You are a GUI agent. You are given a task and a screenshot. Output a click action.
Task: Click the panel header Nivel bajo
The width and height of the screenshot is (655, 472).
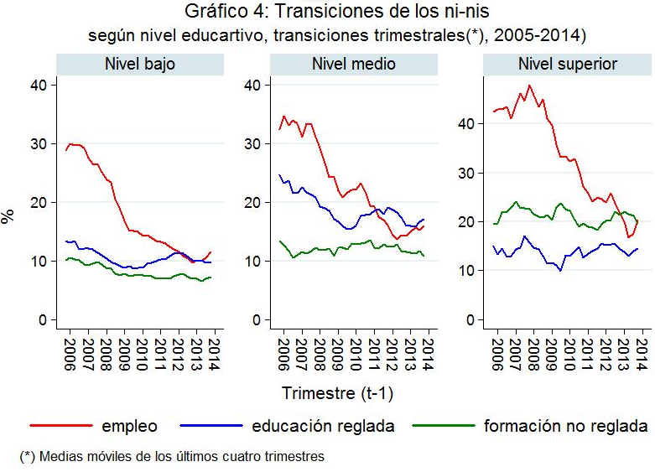tap(139, 64)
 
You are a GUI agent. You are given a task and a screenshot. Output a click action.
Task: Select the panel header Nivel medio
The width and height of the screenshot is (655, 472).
tap(353, 64)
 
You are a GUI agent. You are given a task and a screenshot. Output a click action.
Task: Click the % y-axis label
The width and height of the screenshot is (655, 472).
tap(8, 216)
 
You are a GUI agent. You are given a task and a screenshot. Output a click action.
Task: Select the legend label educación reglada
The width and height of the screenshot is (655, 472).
tap(323, 426)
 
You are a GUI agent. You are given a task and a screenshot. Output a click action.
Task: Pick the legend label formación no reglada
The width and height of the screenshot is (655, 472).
tap(565, 426)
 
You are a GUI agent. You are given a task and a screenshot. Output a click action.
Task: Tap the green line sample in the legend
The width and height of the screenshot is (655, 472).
tap(444, 426)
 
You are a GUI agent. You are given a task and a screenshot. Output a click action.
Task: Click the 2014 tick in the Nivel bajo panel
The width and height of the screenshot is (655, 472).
tap(214, 345)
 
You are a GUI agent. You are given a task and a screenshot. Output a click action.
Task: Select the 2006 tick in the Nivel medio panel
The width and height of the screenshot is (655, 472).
tap(283, 345)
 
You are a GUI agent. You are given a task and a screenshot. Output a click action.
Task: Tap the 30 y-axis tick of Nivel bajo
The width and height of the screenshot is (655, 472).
tap(39, 143)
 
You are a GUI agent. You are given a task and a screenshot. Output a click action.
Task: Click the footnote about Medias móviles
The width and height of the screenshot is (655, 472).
tap(172, 457)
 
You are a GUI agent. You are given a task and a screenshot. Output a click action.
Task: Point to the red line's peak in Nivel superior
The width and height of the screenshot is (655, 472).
tap(529, 86)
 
